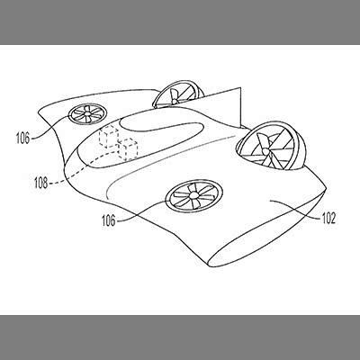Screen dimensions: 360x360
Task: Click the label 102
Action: click(328, 218)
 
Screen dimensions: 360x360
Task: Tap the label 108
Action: click(40, 183)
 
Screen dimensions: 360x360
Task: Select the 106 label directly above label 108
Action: click(22, 139)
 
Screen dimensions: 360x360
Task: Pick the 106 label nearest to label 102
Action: click(109, 220)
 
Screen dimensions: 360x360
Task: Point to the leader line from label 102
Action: click(295, 210)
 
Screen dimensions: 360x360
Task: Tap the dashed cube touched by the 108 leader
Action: click(128, 148)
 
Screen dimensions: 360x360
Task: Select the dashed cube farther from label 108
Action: click(108, 137)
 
